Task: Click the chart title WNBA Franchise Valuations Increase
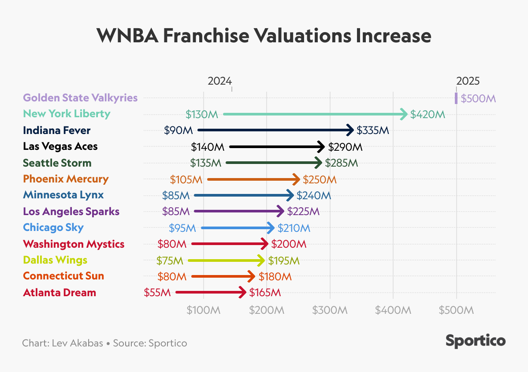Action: click(x=264, y=36)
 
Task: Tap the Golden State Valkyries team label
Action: click(x=80, y=98)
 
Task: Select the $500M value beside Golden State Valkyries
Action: click(x=478, y=98)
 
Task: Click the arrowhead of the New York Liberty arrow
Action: click(x=404, y=114)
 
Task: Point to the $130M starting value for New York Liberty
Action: click(x=202, y=115)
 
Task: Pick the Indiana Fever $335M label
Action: click(x=373, y=130)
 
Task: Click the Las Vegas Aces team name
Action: click(x=60, y=146)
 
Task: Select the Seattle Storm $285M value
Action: click(x=341, y=163)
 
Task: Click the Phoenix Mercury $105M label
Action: click(x=186, y=179)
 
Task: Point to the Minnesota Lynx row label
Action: click(x=63, y=195)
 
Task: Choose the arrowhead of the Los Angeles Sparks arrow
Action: click(x=281, y=212)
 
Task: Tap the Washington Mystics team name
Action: click(x=74, y=244)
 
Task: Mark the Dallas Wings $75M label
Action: click(x=170, y=260)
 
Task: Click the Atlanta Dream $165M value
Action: click(x=265, y=292)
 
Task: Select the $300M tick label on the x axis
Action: click(x=330, y=310)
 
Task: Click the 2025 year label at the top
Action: click(x=468, y=81)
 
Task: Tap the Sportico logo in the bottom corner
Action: click(x=476, y=341)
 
